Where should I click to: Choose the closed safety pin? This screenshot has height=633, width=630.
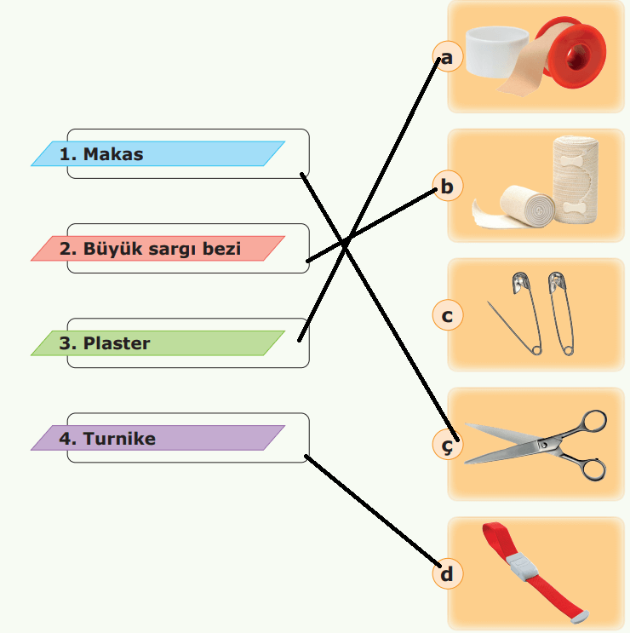point(559,312)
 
